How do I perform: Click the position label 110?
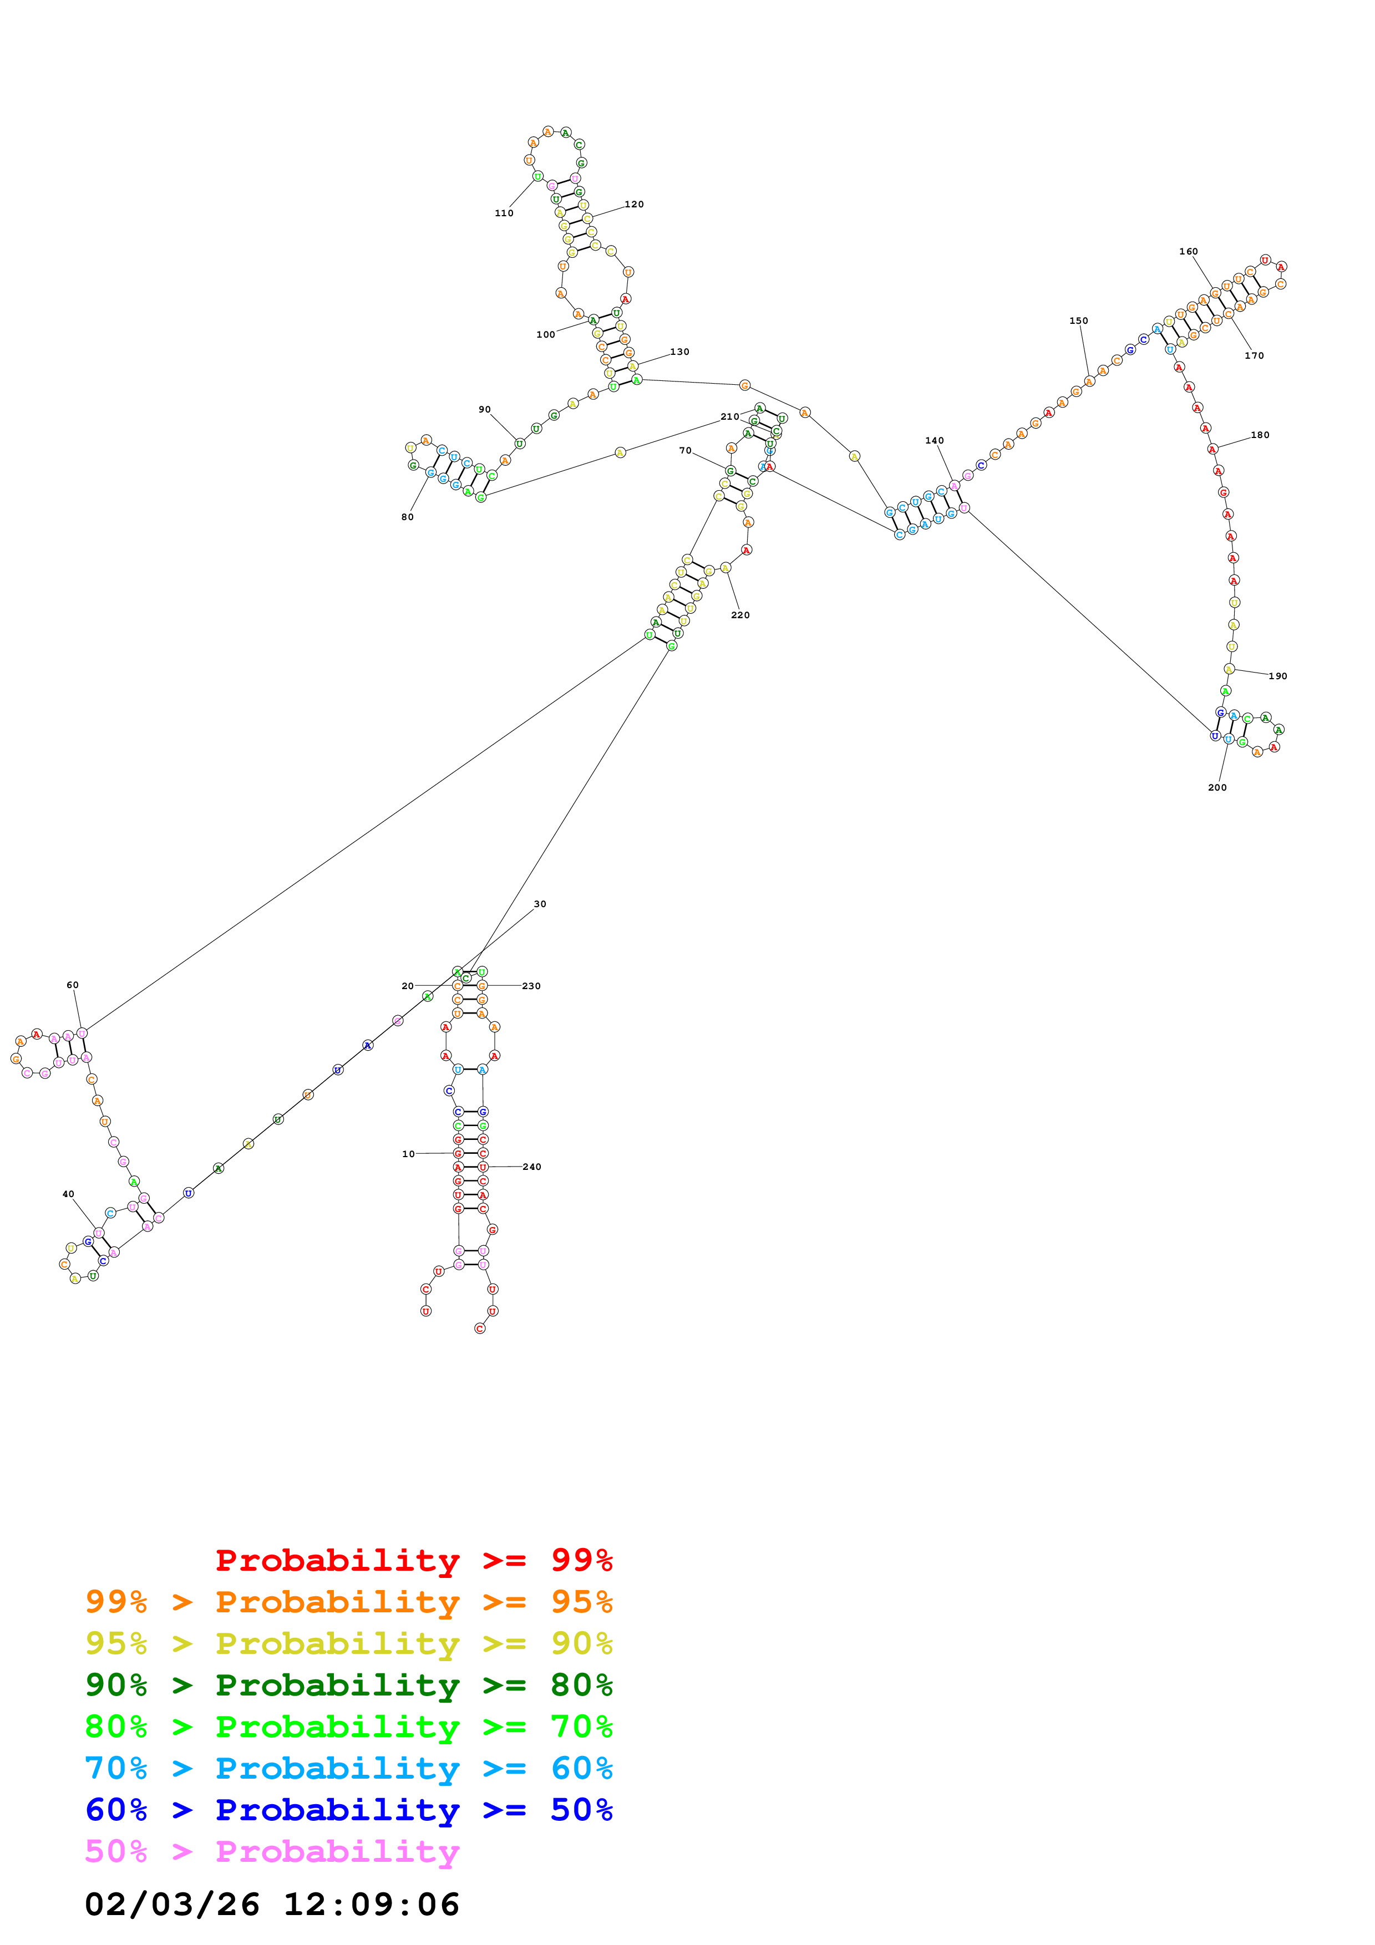click(x=504, y=213)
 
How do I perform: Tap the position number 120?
click(x=634, y=204)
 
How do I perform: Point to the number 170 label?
click(x=1254, y=356)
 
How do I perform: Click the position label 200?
click(x=1216, y=788)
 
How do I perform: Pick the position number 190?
click(x=1277, y=676)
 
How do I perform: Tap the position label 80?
click(x=408, y=517)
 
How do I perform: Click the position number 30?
click(x=540, y=904)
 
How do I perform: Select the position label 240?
click(x=531, y=1167)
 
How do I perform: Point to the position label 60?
click(x=73, y=985)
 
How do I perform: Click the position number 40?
click(x=69, y=1194)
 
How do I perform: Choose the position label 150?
click(x=1078, y=321)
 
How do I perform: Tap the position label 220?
click(x=740, y=615)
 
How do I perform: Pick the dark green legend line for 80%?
click(x=348, y=1685)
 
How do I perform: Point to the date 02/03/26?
click(x=172, y=1905)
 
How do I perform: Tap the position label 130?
click(x=679, y=352)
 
